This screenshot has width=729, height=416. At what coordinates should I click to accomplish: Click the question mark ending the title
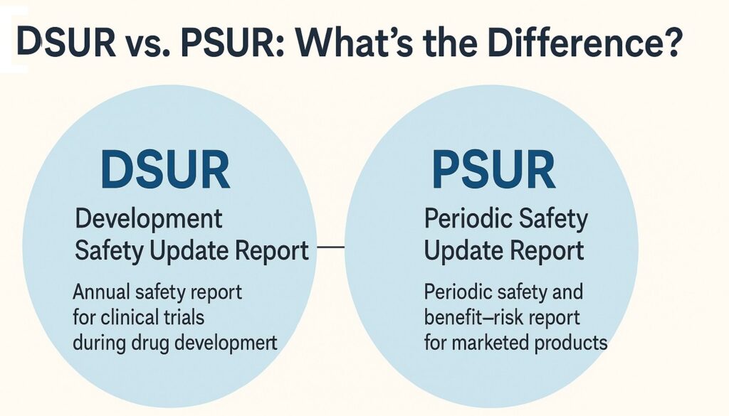tap(671, 43)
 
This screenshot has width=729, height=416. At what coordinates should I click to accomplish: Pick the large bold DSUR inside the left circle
tap(164, 169)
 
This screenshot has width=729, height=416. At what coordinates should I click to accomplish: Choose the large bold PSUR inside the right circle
tap(493, 169)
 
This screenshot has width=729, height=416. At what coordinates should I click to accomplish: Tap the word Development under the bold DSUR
tap(148, 218)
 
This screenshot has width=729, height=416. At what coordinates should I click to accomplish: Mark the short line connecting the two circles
tap(330, 247)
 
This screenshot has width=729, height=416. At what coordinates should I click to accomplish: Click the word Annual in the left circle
tap(103, 291)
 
